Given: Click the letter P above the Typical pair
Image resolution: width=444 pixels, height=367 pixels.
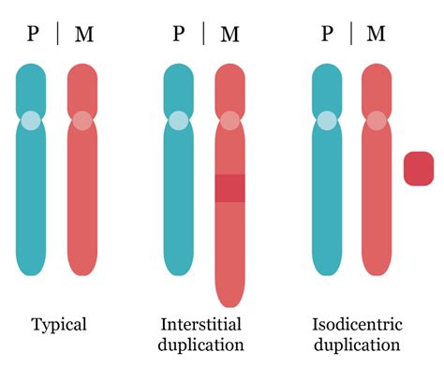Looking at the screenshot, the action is pyautogui.click(x=33, y=34).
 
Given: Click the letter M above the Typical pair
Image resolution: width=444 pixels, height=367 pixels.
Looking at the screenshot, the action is pyautogui.click(x=84, y=34).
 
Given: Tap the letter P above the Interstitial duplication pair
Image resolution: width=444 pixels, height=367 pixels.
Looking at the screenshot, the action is pyautogui.click(x=179, y=33).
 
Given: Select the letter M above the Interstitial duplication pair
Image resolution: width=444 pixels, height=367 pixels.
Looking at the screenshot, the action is pyautogui.click(x=230, y=34).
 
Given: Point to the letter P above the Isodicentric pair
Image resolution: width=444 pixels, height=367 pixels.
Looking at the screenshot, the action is pyautogui.click(x=327, y=33).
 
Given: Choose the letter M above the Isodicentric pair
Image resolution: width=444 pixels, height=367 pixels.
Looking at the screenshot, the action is pyautogui.click(x=376, y=34).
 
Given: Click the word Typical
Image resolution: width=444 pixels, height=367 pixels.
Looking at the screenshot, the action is pyautogui.click(x=59, y=325).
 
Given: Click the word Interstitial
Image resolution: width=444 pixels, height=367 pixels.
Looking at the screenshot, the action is pyautogui.click(x=201, y=324).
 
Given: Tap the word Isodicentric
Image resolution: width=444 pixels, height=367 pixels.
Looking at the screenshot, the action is pyautogui.click(x=357, y=324).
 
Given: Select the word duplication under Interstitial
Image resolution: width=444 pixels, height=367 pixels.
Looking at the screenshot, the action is pyautogui.click(x=201, y=345).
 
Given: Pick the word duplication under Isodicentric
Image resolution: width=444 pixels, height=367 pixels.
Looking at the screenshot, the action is pyautogui.click(x=357, y=345).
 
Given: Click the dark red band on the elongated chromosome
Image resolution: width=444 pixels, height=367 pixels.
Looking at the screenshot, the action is pyautogui.click(x=229, y=188).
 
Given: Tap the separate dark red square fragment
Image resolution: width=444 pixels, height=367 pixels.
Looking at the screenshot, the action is pyautogui.click(x=419, y=169).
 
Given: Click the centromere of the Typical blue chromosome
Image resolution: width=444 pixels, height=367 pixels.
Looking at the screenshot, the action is pyautogui.click(x=31, y=121).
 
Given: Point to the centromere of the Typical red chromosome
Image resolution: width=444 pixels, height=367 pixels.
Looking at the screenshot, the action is pyautogui.click(x=82, y=121).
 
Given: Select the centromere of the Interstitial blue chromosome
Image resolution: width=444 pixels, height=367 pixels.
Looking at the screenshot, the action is pyautogui.click(x=179, y=121).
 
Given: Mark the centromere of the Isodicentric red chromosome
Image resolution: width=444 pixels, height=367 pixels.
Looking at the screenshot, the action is pyautogui.click(x=377, y=121).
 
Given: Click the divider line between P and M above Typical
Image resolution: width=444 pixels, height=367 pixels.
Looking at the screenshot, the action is pyautogui.click(x=58, y=34).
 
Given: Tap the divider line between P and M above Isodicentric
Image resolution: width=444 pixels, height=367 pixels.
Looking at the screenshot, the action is pyautogui.click(x=351, y=34).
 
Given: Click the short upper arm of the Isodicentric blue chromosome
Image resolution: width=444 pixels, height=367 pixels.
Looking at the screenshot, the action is pyautogui.click(x=327, y=89).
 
